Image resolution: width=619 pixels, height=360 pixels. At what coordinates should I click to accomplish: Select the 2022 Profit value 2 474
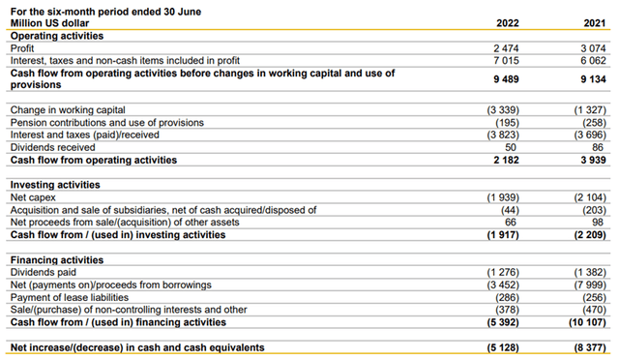506,46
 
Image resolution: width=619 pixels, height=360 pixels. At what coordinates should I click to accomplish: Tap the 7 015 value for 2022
506,59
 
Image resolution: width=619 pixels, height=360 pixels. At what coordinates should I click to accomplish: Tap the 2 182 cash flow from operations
506,159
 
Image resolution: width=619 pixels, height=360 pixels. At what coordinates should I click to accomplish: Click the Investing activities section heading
57,184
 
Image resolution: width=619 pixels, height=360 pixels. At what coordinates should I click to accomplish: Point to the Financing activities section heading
59,260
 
